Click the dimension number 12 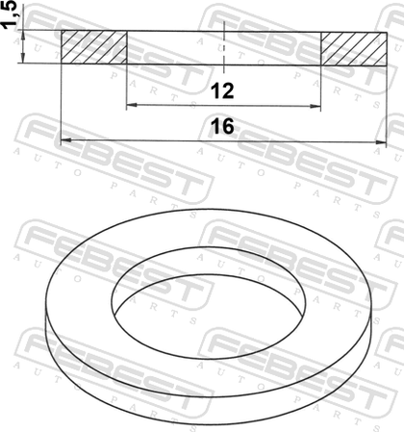click(222, 91)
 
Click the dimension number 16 click(222, 126)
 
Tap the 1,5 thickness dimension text click(10, 14)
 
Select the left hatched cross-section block click(94, 47)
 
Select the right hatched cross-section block click(354, 49)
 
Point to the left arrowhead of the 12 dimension click(132, 105)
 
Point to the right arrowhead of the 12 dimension click(316, 106)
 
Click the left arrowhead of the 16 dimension click(66, 140)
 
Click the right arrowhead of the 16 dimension click(381, 141)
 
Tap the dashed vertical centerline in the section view click(224, 47)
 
